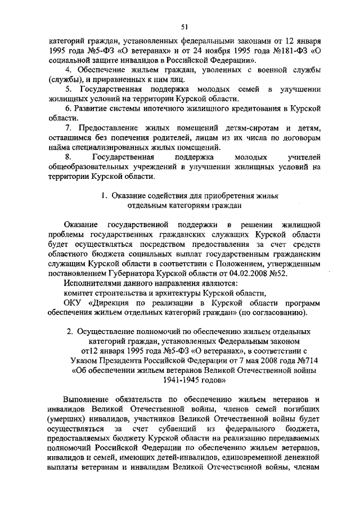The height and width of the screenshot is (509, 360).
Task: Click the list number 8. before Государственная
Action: click(x=68, y=157)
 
